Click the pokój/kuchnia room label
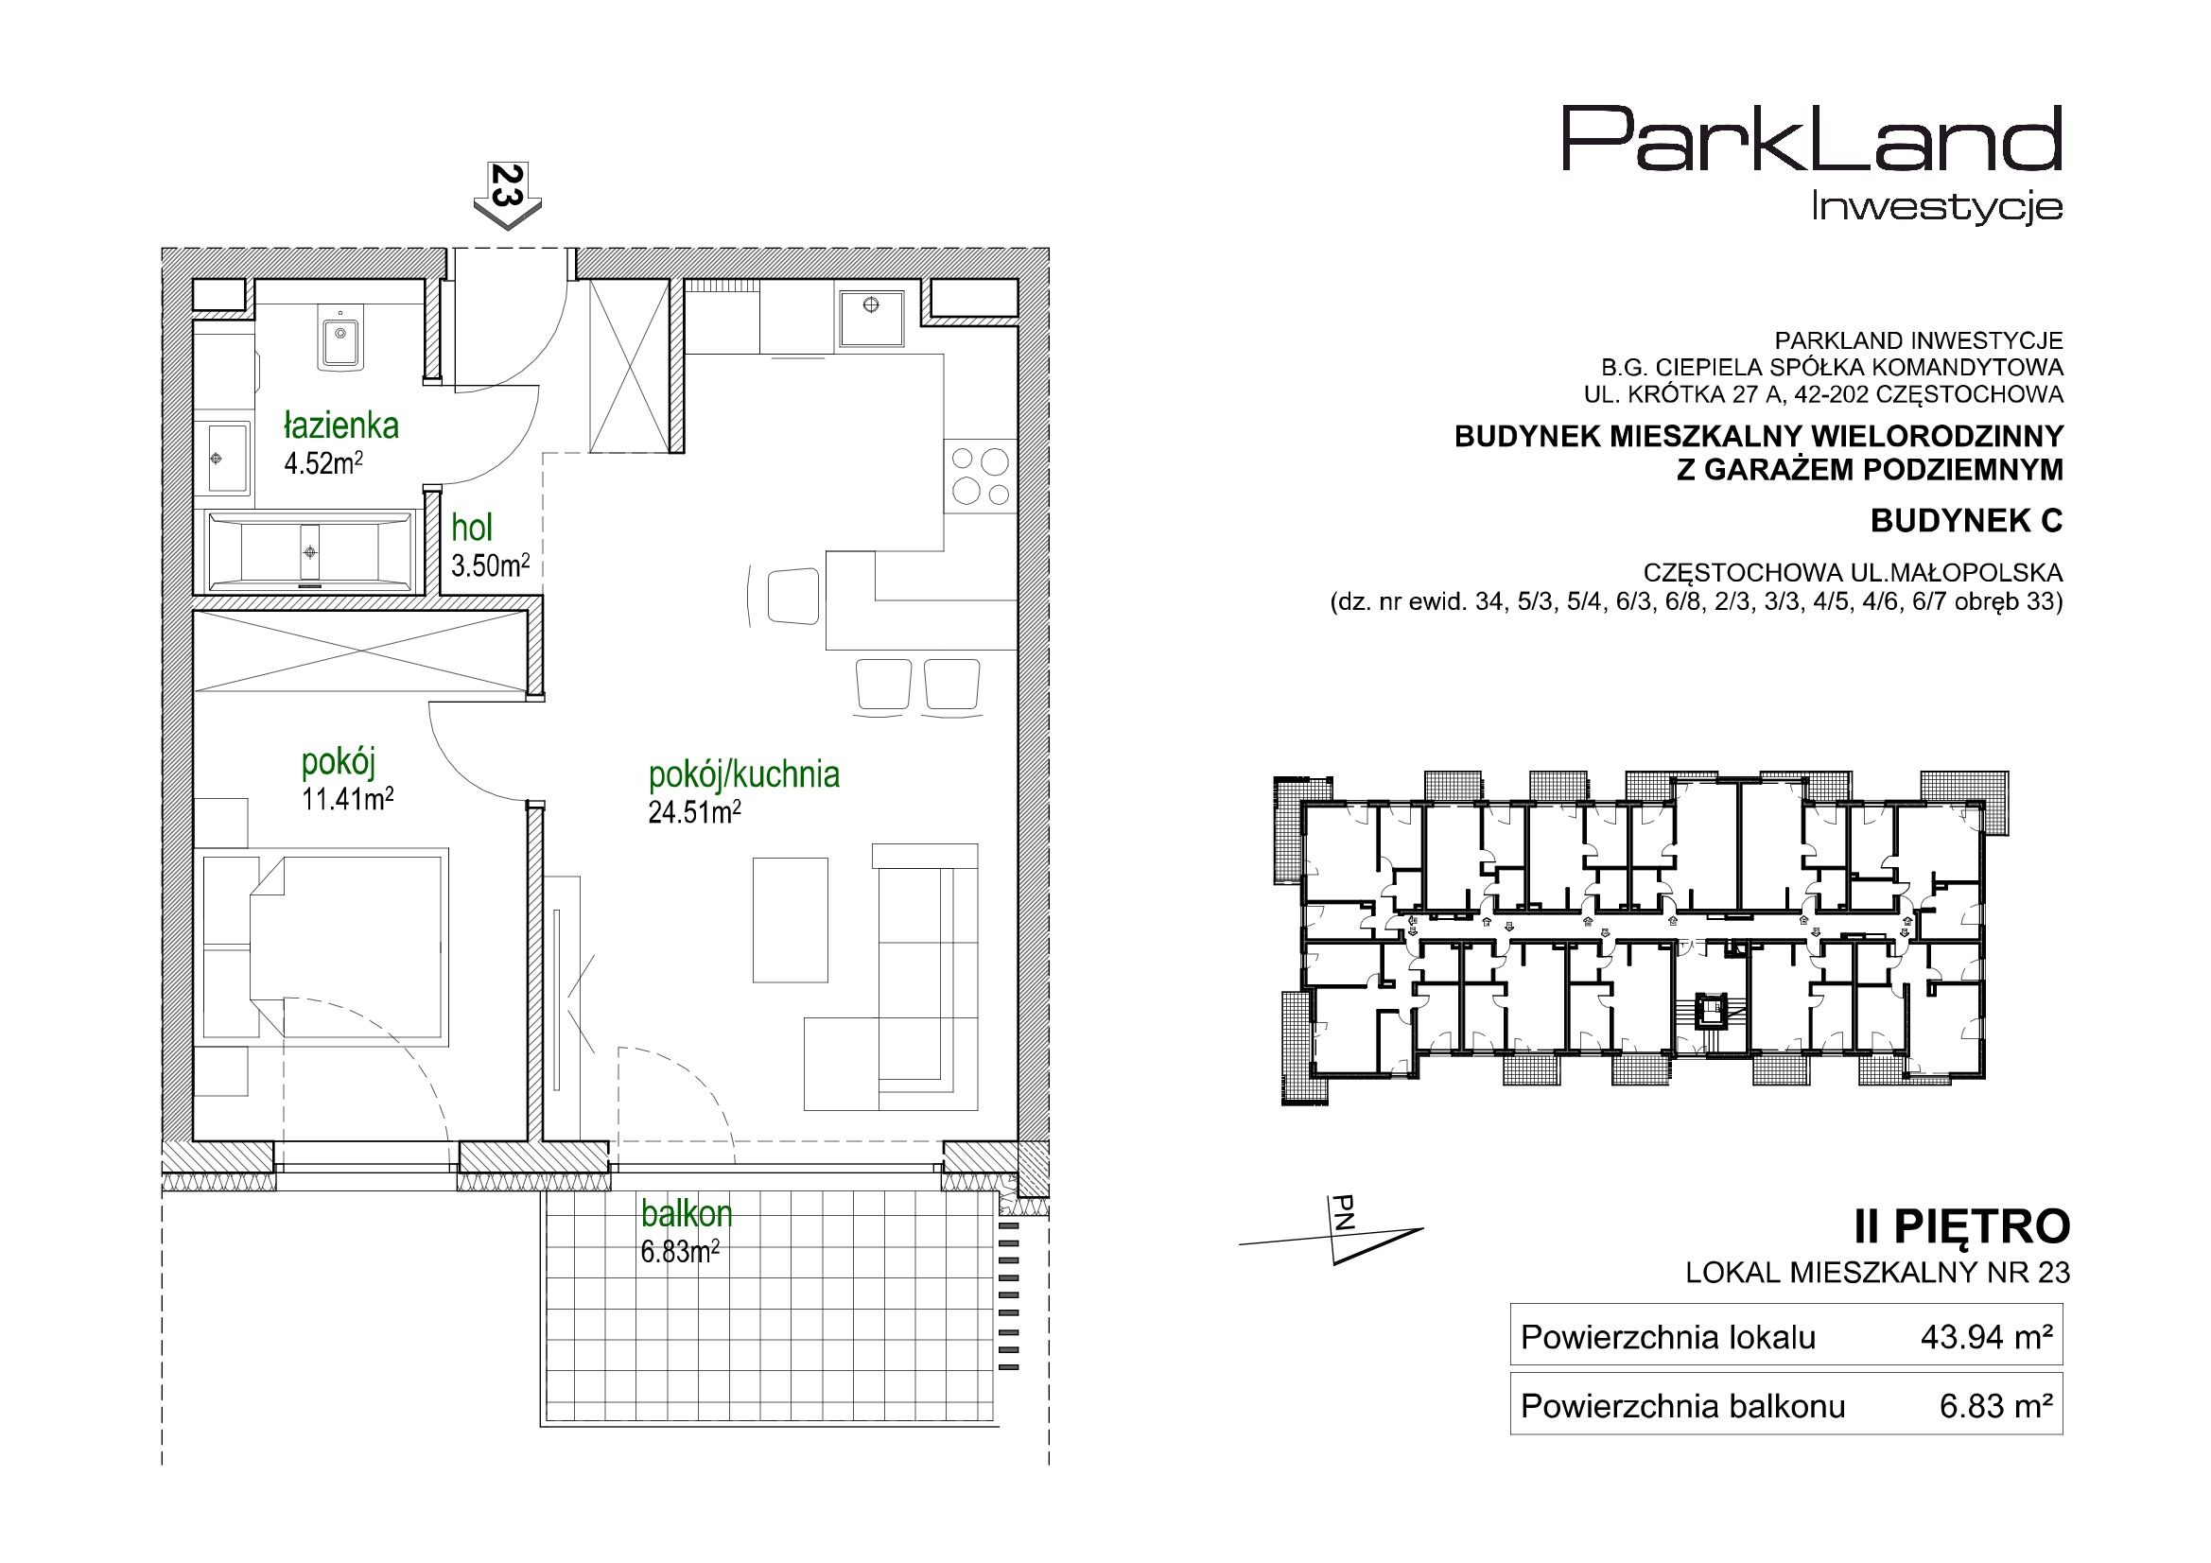point(744,774)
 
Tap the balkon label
point(687,1214)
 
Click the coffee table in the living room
point(790,920)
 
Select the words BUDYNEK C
point(1966,521)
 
